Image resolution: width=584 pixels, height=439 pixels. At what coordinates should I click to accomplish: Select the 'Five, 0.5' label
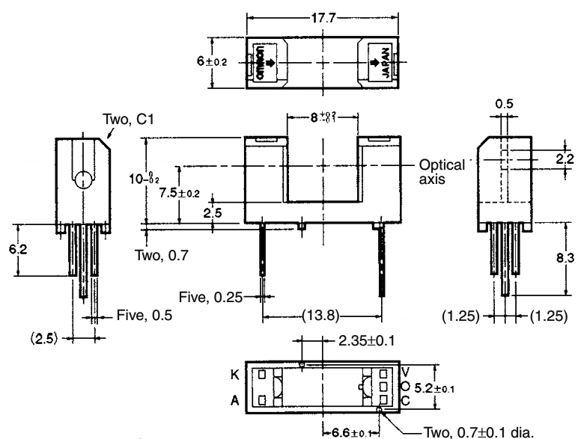pyautogui.click(x=145, y=315)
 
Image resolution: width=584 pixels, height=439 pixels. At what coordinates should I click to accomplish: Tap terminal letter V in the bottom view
pyautogui.click(x=404, y=371)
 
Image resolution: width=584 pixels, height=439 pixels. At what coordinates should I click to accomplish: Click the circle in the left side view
pyautogui.click(x=82, y=180)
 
